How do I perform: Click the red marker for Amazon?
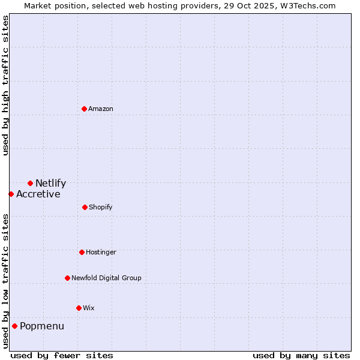click(x=84, y=109)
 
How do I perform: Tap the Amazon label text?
click(x=101, y=109)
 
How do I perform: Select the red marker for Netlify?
click(x=30, y=183)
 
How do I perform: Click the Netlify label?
click(x=50, y=184)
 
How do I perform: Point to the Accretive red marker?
click(x=11, y=194)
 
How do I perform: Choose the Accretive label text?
click(x=38, y=194)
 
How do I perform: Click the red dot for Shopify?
click(x=85, y=207)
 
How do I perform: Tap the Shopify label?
click(x=100, y=208)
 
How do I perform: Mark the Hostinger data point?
click(x=82, y=252)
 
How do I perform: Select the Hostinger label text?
click(x=101, y=253)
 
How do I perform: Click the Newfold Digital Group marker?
click(x=67, y=278)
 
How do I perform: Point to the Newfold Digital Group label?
click(x=106, y=278)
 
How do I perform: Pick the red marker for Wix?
click(x=79, y=308)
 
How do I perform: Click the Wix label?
click(x=89, y=308)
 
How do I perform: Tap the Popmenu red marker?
click(x=14, y=326)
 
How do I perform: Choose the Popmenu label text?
click(x=42, y=326)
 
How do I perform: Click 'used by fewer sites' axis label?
click(x=62, y=356)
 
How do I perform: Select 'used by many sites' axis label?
click(x=301, y=356)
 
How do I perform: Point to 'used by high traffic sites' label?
click(x=5, y=86)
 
